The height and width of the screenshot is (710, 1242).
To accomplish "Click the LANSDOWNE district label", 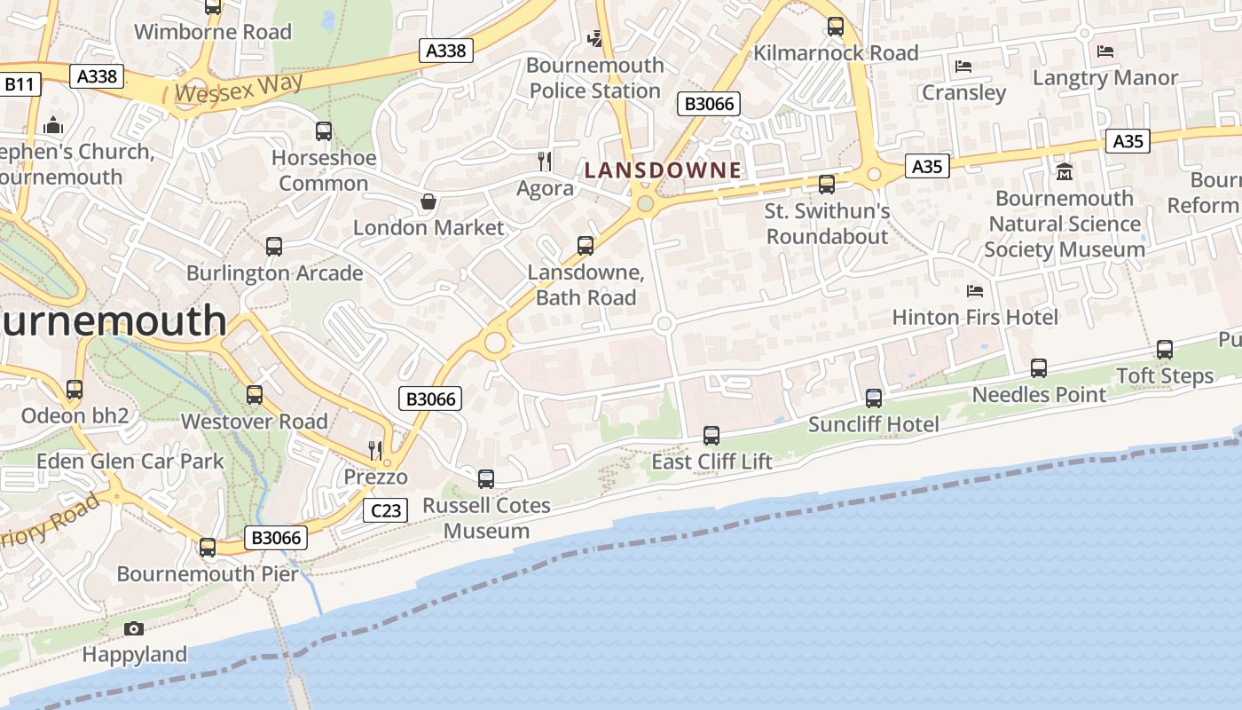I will (x=663, y=170).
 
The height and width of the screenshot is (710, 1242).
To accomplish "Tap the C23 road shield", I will (x=386, y=510).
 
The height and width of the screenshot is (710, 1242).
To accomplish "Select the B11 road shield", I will (x=19, y=84).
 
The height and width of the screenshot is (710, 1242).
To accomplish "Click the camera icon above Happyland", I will (x=134, y=628).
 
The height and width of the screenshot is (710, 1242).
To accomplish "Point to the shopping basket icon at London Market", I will (x=428, y=201).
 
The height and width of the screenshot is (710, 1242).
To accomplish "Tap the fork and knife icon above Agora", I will (x=545, y=162).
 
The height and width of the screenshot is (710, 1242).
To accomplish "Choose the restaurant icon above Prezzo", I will (x=375, y=450).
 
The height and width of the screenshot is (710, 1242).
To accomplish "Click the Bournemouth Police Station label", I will (x=594, y=78).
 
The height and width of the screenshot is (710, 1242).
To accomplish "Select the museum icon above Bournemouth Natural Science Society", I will (x=1065, y=171).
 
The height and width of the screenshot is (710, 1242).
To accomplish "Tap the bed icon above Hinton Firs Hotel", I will (x=975, y=291).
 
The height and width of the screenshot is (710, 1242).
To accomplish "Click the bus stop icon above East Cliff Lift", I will (x=711, y=435).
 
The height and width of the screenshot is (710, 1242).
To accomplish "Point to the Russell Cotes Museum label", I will (x=486, y=518).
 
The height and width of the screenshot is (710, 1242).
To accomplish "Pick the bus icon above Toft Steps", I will (x=1165, y=350).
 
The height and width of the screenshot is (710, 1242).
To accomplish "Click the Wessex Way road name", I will (x=239, y=88).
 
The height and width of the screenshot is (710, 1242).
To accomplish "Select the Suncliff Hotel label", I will (x=873, y=424).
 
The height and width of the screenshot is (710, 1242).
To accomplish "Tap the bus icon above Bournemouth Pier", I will (x=208, y=548).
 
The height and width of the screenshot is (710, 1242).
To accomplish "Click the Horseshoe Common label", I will (x=324, y=170).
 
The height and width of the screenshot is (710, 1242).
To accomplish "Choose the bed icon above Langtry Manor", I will (x=1105, y=51).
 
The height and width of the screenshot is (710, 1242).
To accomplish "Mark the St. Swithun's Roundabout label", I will (x=827, y=224).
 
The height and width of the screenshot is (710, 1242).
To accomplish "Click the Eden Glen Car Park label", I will (x=130, y=461).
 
